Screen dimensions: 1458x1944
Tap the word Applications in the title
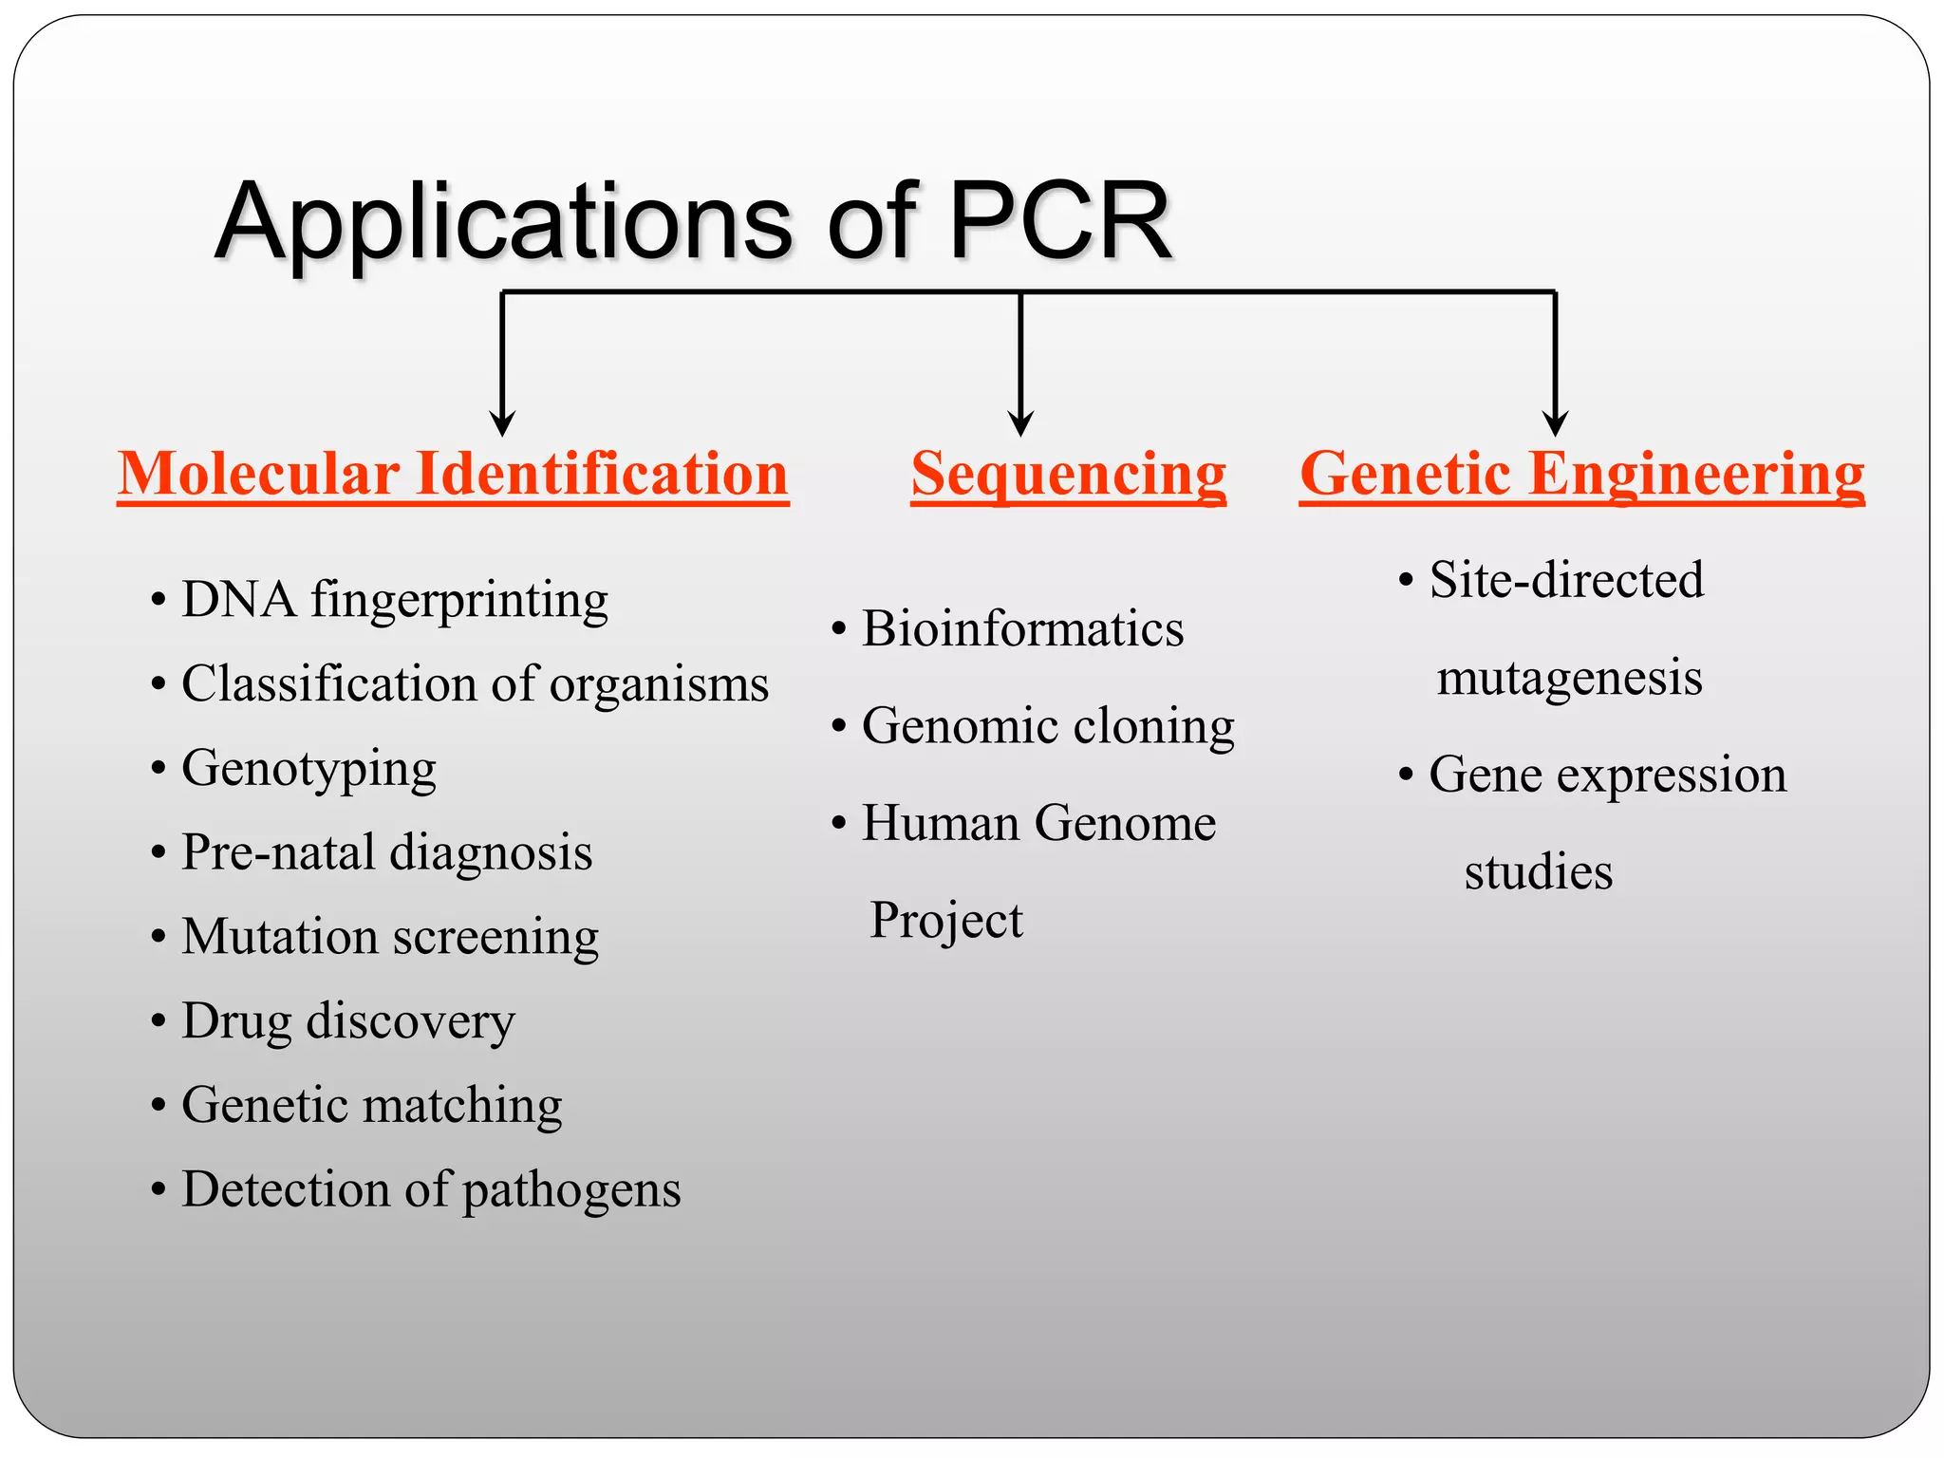[503, 224]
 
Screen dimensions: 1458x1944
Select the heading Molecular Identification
[453, 474]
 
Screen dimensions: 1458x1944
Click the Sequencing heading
[1069, 474]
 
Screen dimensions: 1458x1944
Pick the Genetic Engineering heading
[1581, 474]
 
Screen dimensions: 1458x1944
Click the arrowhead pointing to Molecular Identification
[502, 422]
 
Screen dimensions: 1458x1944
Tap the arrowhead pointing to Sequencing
[1020, 422]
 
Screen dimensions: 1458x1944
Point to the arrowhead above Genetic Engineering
[1555, 422]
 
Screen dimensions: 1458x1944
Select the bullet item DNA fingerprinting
[394, 600]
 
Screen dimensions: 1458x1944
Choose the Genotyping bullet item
[308, 768]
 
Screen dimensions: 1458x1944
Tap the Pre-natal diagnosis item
[386, 851]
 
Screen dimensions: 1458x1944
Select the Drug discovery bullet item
[347, 1021]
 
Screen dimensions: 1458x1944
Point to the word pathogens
[571, 1190]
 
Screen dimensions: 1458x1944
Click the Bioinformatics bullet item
[1022, 629]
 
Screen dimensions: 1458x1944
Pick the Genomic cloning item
[1048, 726]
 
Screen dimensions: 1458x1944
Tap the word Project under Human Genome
[946, 920]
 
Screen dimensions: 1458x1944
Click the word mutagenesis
[1569, 678]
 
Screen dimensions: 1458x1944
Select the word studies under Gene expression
[1538, 871]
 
